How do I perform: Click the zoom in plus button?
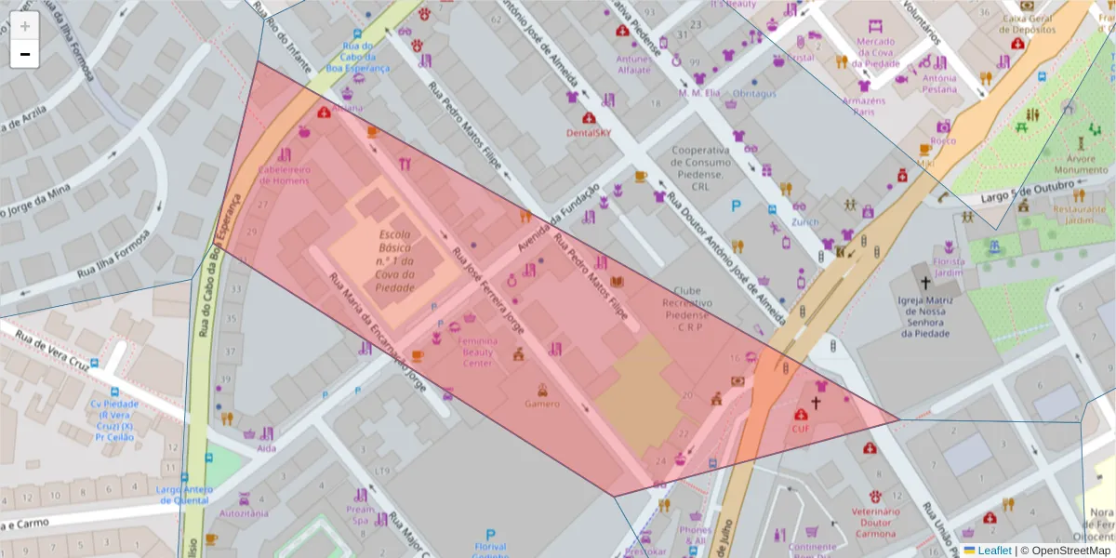(25, 26)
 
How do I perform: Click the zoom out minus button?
(25, 54)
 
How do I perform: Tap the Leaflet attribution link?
(994, 551)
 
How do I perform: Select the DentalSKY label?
(589, 132)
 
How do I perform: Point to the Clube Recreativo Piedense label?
(688, 309)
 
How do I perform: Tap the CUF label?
(801, 429)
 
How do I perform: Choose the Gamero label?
(542, 404)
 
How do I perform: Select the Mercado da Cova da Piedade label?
(875, 52)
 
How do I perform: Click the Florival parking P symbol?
(490, 535)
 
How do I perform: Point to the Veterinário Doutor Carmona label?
(875, 523)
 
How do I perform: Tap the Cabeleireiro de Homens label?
(284, 175)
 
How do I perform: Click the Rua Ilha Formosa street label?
(114, 260)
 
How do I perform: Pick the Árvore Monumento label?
(1081, 165)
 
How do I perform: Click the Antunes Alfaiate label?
(634, 64)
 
